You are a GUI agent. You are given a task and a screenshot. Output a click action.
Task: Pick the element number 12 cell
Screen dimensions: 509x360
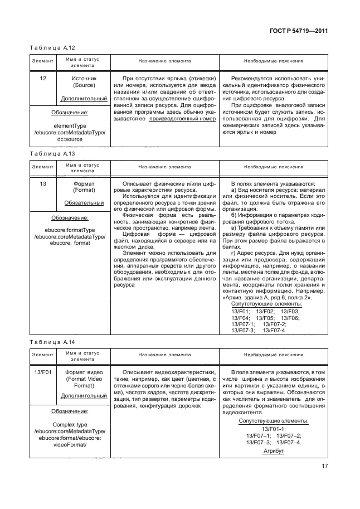(x=42, y=79)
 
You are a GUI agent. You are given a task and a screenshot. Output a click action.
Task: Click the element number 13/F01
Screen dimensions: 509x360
(x=42, y=372)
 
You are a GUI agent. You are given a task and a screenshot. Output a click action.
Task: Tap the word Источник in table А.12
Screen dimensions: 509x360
(x=84, y=79)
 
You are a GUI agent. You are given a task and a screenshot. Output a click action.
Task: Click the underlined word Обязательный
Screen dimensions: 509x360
(x=84, y=203)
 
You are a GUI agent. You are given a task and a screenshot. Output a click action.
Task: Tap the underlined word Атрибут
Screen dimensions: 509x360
(x=274, y=450)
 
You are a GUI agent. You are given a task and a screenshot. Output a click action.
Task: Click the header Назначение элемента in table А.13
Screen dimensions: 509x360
(x=164, y=167)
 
